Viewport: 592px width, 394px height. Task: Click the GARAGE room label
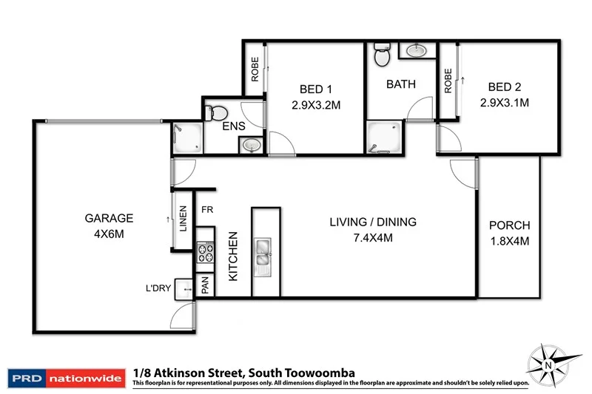click(108, 218)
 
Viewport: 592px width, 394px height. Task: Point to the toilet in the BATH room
click(382, 55)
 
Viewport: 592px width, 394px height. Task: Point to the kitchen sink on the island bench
click(263, 251)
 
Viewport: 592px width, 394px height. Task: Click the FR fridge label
click(208, 209)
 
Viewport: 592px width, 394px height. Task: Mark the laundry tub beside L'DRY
click(181, 291)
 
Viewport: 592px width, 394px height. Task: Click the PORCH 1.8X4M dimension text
click(510, 240)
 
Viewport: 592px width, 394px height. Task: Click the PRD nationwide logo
click(65, 378)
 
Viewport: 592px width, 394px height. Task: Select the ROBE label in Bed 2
click(448, 81)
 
